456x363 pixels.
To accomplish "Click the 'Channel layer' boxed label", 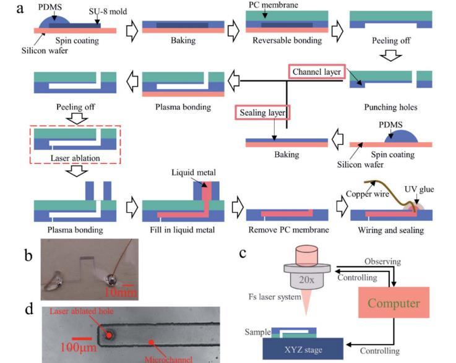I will pos(316,71).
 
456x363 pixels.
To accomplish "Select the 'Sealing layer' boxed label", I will pos(262,113).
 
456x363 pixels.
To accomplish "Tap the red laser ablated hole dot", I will pos(110,335).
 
